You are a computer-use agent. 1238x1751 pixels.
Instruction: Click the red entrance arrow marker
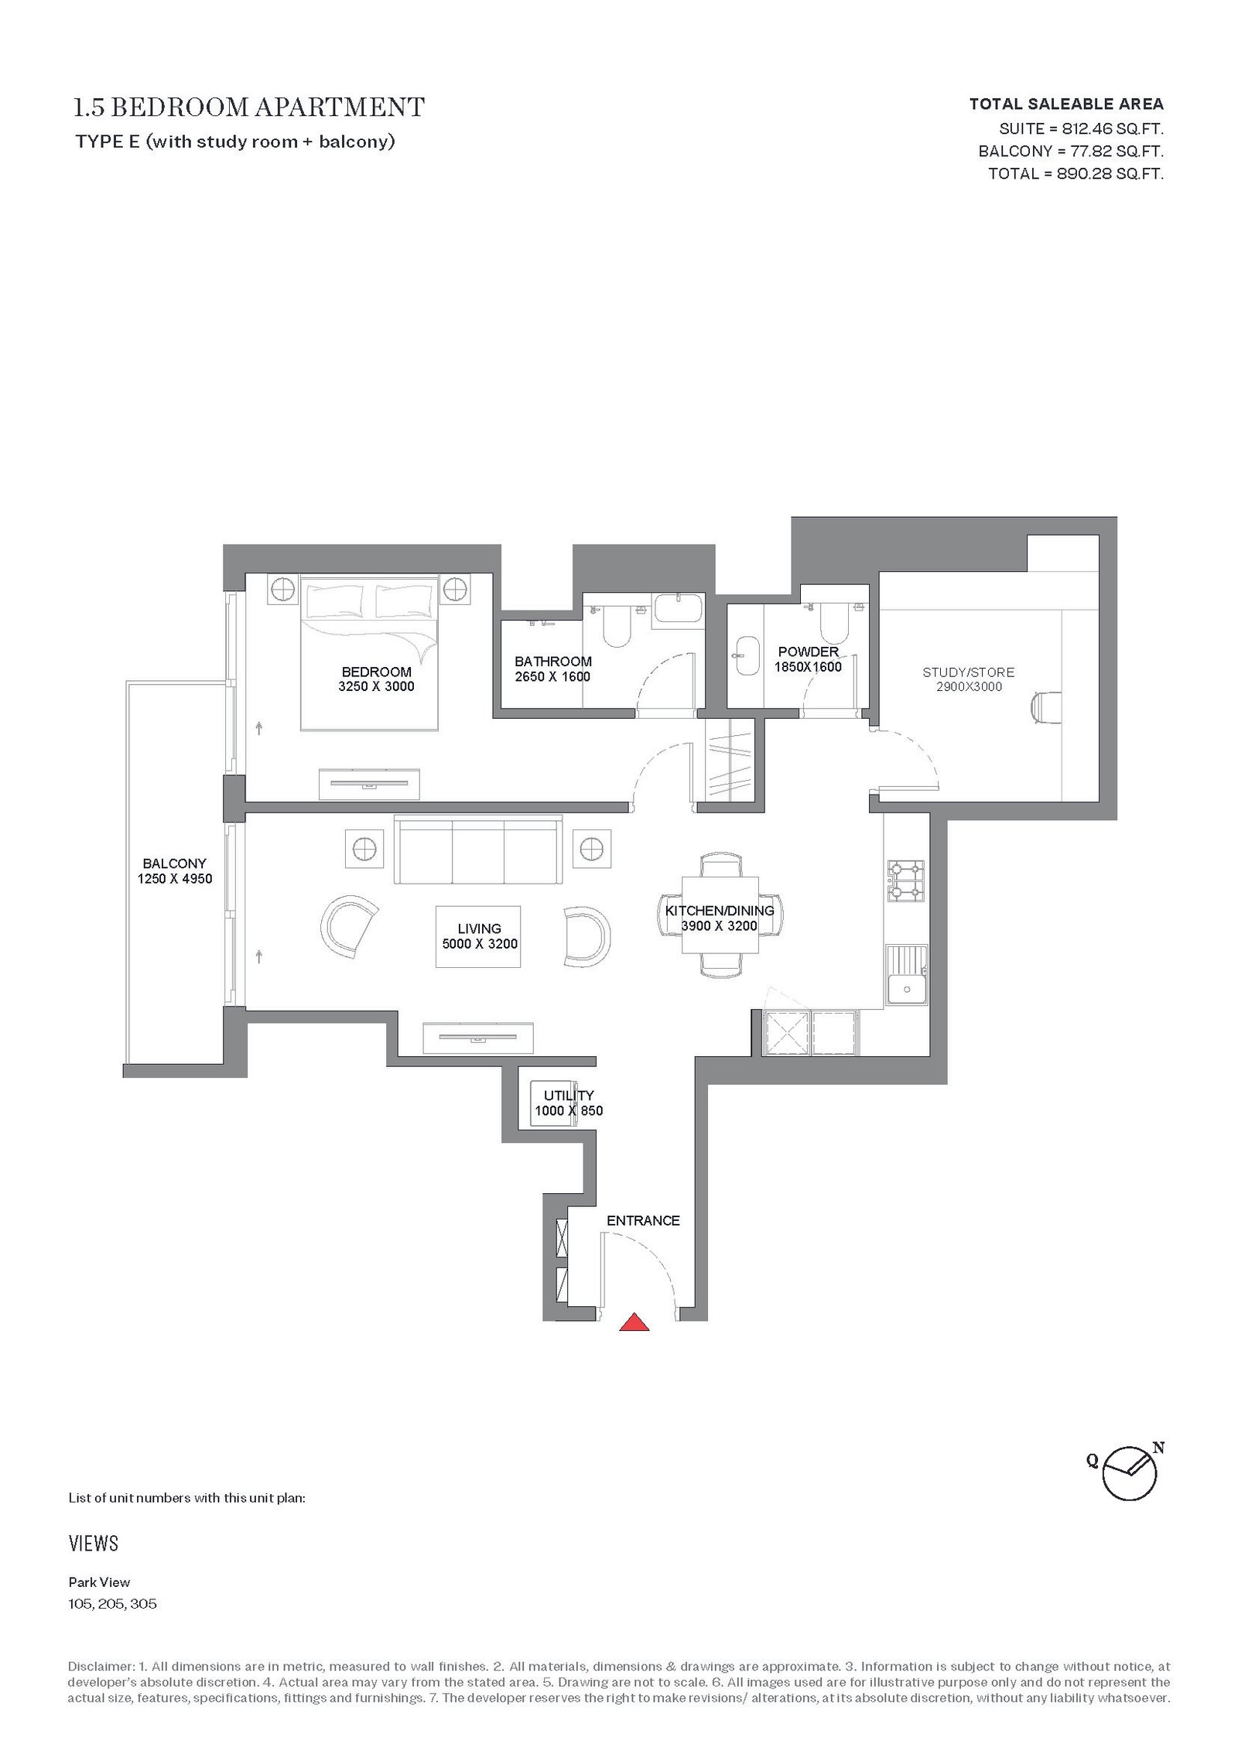pos(634,1322)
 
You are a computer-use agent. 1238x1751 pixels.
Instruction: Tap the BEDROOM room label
pos(376,672)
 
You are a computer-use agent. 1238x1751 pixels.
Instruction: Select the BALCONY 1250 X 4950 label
pos(175,870)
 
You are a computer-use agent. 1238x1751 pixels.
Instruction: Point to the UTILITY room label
pos(569,1095)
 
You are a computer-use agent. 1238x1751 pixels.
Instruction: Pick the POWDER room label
pos(808,651)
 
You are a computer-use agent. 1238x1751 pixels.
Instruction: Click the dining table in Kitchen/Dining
pos(720,915)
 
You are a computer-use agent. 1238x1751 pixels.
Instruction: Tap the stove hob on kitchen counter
pos(905,881)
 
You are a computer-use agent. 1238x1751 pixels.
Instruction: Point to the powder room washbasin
pos(747,655)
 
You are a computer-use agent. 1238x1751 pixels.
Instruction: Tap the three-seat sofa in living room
pos(478,850)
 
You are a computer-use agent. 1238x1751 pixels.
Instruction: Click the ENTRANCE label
pos(643,1220)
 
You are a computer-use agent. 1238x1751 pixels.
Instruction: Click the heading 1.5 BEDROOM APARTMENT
pos(249,107)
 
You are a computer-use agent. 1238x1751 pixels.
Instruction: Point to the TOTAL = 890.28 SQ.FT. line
pos(1076,173)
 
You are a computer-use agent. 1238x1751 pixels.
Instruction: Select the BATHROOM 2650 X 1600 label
pos(552,669)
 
